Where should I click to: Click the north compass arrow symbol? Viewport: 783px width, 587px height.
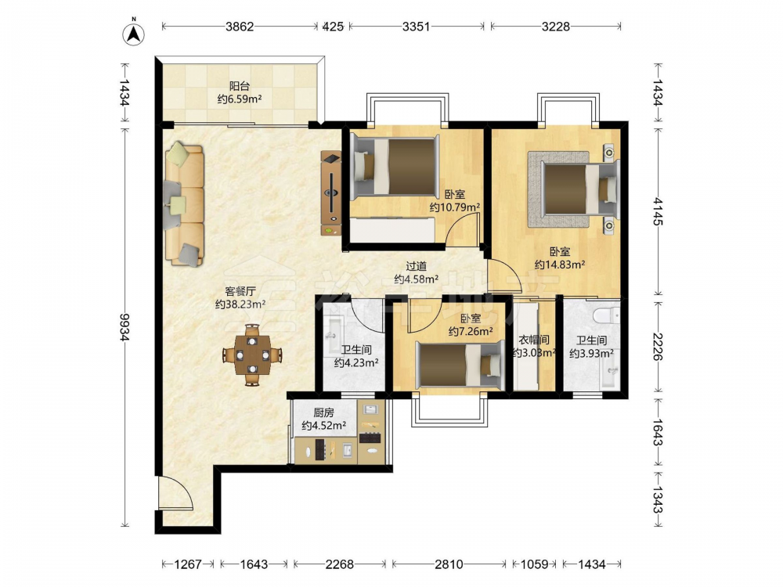click(133, 33)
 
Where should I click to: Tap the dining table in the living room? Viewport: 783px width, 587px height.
click(253, 355)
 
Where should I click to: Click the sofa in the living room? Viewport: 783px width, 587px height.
click(184, 204)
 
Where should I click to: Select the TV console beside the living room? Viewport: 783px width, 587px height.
click(330, 193)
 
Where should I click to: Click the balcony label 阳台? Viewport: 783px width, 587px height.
click(240, 86)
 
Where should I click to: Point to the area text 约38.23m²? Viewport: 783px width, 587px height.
click(240, 304)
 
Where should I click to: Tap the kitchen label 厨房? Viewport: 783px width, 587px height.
click(323, 412)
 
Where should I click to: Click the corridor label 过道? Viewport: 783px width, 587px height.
click(416, 267)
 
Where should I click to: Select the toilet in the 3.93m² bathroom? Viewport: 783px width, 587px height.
click(606, 315)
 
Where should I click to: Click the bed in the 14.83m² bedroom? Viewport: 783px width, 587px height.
click(580, 189)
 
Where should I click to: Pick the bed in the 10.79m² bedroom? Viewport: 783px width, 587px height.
click(394, 167)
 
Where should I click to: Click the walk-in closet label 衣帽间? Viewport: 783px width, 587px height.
click(534, 340)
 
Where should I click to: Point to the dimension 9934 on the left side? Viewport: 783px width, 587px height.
click(124, 327)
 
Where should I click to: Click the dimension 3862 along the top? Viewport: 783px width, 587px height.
click(240, 27)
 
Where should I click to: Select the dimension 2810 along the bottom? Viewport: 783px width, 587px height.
click(449, 564)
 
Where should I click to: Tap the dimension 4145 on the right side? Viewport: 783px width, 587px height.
click(657, 211)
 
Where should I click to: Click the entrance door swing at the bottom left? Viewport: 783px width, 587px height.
click(175, 493)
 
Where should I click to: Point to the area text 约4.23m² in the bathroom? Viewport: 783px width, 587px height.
click(356, 363)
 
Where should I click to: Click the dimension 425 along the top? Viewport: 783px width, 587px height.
click(333, 27)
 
